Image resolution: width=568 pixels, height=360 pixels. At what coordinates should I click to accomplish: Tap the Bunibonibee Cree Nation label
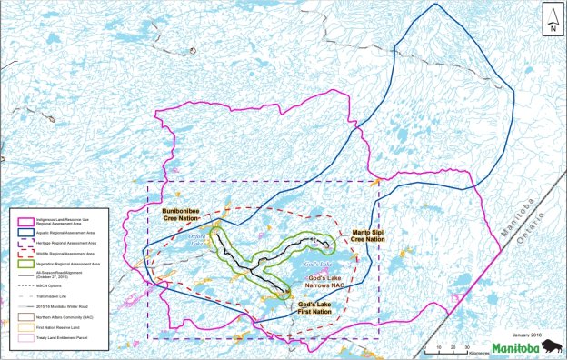click(x=174, y=214)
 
